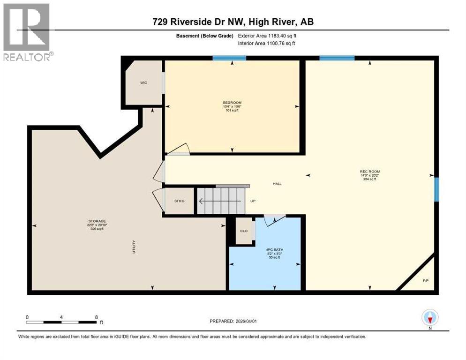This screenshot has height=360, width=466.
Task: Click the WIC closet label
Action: click(x=143, y=82)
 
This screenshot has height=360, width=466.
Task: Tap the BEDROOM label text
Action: click(x=232, y=103)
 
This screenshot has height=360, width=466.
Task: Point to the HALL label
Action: click(x=277, y=184)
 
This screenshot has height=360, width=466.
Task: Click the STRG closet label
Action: click(x=179, y=201)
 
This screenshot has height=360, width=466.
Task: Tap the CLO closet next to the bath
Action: click(x=244, y=231)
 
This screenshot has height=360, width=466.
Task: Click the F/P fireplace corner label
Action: click(x=426, y=281)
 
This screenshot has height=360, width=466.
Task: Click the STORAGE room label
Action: click(x=96, y=221)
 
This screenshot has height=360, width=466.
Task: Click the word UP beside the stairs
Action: click(x=253, y=201)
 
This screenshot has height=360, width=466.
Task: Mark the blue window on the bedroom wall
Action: click(x=229, y=58)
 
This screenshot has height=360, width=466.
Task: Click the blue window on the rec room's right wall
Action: click(x=436, y=189)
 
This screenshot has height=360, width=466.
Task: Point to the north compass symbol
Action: click(x=429, y=317)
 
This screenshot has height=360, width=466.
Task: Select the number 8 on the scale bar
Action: click(x=96, y=317)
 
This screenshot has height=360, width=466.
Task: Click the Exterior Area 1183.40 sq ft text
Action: click(x=267, y=36)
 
